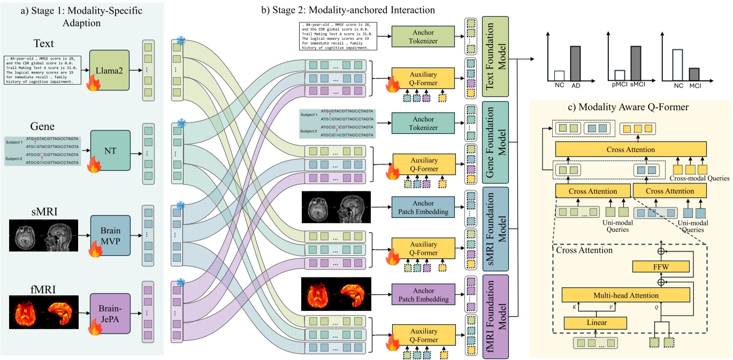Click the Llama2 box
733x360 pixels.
coord(110,70)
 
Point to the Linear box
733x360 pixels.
coord(595,323)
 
